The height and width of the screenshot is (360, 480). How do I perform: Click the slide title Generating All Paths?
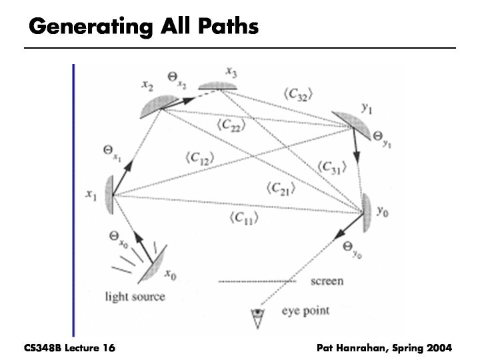[x=143, y=27]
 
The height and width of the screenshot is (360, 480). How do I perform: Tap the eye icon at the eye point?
[x=256, y=318]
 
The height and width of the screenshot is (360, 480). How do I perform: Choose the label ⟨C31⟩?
[x=332, y=167]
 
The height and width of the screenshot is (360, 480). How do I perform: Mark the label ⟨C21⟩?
[x=280, y=189]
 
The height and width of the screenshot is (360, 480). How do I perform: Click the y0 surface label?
[x=382, y=211]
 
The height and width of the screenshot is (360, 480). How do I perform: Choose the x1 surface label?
[x=92, y=195]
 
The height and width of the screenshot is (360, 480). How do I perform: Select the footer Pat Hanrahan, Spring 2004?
[x=385, y=347]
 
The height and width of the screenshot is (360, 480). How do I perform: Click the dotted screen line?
[x=257, y=282]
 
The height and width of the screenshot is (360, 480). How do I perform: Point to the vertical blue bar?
[x=73, y=200]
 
